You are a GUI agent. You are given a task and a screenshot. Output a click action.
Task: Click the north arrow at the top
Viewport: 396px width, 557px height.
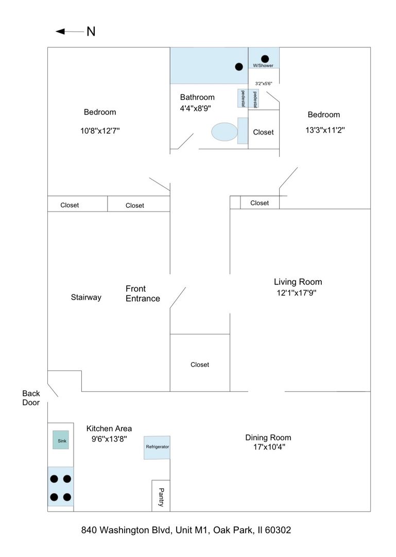pyautogui.click(x=70, y=31)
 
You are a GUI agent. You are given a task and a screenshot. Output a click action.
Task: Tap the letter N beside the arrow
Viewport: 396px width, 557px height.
pyautogui.click(x=91, y=31)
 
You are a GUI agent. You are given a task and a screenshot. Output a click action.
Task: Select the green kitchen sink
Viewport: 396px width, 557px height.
pyautogui.click(x=61, y=439)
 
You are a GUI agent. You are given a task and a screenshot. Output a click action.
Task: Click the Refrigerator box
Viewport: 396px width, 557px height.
pyautogui.click(x=157, y=447)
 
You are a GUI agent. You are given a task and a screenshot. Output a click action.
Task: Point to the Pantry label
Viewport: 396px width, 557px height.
pyautogui.click(x=161, y=497)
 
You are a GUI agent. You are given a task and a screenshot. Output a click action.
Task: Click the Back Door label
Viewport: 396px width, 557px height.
pyautogui.click(x=31, y=398)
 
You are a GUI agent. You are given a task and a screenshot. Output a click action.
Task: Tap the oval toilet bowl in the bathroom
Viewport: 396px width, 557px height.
pyautogui.click(x=225, y=132)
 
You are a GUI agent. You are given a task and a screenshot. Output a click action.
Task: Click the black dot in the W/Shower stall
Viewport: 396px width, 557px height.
pyautogui.click(x=265, y=58)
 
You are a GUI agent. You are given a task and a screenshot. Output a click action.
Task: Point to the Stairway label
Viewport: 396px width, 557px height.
pyautogui.click(x=86, y=298)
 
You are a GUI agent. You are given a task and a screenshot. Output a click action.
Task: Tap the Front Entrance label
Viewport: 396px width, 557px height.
pyautogui.click(x=143, y=293)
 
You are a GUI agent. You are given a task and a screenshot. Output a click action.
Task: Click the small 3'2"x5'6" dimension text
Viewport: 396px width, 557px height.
pyautogui.click(x=264, y=83)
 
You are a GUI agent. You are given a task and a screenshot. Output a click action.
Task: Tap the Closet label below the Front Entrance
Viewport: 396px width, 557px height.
pyautogui.click(x=200, y=365)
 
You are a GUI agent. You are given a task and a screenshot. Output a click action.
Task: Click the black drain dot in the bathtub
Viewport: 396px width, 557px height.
pyautogui.click(x=239, y=67)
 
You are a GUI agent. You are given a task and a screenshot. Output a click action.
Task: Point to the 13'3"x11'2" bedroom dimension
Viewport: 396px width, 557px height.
pyautogui.click(x=325, y=130)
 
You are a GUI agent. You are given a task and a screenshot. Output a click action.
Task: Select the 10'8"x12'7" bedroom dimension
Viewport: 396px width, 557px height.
pyautogui.click(x=100, y=131)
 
